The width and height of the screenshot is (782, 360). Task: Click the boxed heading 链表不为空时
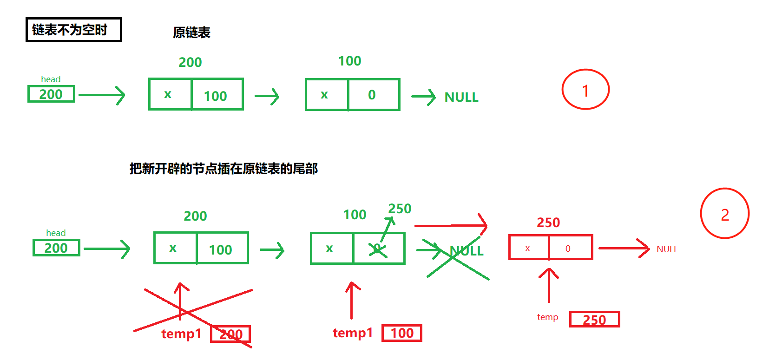[x=73, y=30]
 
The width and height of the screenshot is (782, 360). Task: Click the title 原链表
[x=191, y=33]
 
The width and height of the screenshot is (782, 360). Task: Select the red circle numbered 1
[x=585, y=90]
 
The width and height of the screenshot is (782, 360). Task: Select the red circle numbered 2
[x=725, y=214]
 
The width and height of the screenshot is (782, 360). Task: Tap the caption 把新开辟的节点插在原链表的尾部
[x=223, y=169]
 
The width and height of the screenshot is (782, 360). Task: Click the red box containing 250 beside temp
[x=594, y=320]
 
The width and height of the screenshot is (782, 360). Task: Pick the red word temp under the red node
[x=547, y=317]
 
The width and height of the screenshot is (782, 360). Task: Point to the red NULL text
[x=667, y=249]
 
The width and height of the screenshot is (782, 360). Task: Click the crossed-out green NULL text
[x=467, y=251]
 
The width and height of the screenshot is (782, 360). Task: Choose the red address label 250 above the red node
[x=548, y=223]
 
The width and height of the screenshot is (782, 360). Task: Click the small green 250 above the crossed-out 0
[x=400, y=209]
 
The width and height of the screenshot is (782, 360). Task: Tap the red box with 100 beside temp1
[x=402, y=333]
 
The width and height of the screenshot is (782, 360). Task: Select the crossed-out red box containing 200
[x=231, y=334]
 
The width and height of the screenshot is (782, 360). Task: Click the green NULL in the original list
[x=461, y=97]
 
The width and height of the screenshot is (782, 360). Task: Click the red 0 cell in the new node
[x=570, y=248]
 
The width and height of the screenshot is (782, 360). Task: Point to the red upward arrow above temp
[x=549, y=285]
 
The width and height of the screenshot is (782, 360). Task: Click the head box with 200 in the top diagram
[x=51, y=94]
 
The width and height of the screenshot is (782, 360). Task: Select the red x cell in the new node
[x=529, y=248]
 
